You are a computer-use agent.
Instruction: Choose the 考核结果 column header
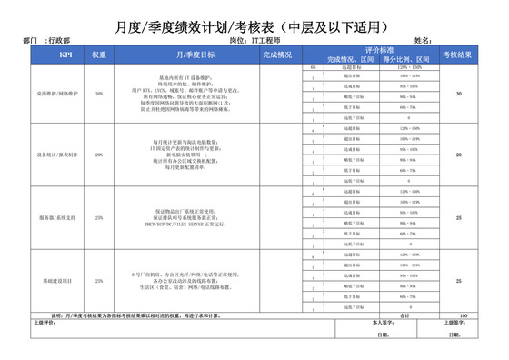(x=458, y=55)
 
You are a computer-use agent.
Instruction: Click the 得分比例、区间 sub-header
(x=403, y=60)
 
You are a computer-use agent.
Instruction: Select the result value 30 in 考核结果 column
(x=458, y=94)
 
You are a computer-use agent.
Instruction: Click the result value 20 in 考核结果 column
(x=458, y=155)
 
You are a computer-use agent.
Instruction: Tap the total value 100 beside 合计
(x=464, y=315)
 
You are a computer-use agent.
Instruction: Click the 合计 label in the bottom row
(x=405, y=315)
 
